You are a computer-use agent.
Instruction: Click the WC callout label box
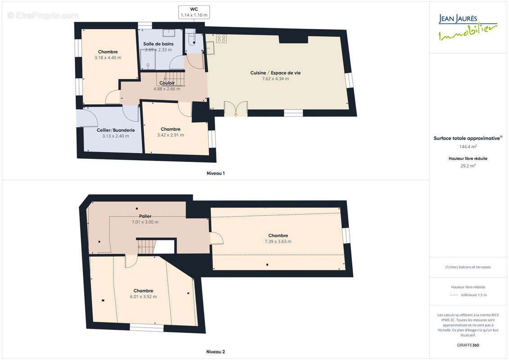194,12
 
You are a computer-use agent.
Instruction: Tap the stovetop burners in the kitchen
221,39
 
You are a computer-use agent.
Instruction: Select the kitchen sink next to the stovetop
210,48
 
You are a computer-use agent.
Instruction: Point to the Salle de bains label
158,44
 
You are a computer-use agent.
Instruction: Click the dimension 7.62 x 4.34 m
275,79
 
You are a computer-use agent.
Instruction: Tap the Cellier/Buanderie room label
116,130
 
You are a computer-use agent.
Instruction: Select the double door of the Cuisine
236,108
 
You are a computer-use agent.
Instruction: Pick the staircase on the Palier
147,247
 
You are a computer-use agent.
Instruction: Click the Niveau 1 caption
216,173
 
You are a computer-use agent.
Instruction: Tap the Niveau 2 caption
216,352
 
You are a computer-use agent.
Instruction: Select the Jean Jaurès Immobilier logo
468,27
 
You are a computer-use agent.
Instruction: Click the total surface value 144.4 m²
468,147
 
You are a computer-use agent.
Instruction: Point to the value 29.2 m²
468,166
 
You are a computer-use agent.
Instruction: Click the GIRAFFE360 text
468,346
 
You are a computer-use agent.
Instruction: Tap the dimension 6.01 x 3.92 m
143,297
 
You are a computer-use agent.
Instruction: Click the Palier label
145,216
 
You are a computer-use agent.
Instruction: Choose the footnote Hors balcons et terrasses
468,267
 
